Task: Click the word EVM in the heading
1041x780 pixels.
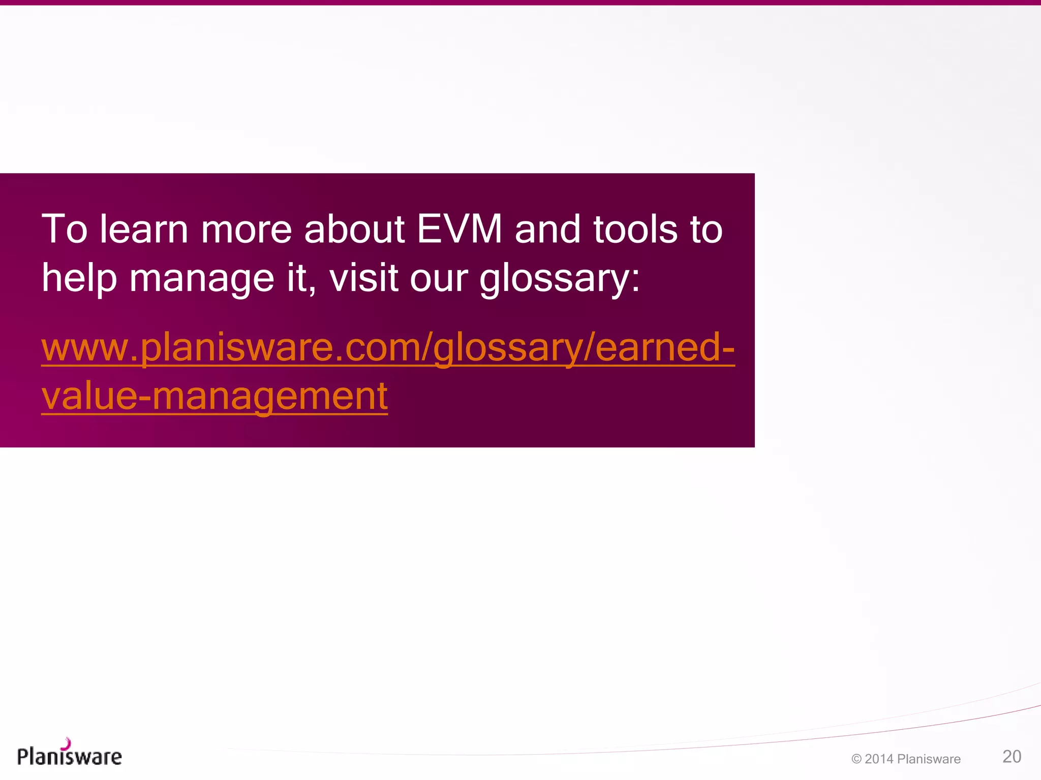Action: (x=460, y=230)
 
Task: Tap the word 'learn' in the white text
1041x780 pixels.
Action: (x=144, y=230)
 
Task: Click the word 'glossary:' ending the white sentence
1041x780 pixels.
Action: (x=560, y=279)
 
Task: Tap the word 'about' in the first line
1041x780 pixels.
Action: (x=354, y=230)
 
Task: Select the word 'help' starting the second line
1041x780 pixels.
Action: (x=79, y=279)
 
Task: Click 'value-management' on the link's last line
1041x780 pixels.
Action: (x=215, y=396)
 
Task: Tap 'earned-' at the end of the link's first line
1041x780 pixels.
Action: (x=665, y=347)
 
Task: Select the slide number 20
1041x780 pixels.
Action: (x=1012, y=757)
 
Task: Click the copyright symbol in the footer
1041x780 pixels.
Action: (x=856, y=759)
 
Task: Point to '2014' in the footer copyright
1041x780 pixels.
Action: (x=879, y=759)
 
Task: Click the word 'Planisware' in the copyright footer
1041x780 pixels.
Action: (x=929, y=759)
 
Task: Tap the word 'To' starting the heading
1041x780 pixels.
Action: (x=65, y=230)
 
